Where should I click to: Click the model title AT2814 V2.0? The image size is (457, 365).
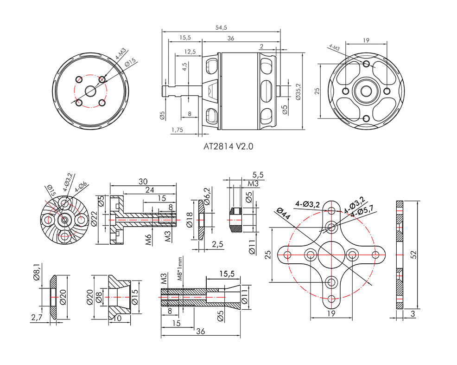click(x=228, y=146)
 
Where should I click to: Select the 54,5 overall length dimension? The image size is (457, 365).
click(x=221, y=27)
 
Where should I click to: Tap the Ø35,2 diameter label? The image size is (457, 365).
click(x=298, y=91)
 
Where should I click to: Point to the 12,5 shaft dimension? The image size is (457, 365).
click(x=190, y=52)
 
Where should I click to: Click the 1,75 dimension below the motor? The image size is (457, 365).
click(x=177, y=130)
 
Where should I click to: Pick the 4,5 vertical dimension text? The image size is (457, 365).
click(x=184, y=67)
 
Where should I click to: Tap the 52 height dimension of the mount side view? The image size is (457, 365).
click(x=414, y=254)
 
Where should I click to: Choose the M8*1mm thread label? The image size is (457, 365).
click(x=180, y=268)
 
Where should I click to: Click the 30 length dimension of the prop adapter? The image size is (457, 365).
click(x=143, y=182)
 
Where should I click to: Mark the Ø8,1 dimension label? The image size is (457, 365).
click(x=37, y=272)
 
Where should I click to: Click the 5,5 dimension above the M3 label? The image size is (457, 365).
click(x=258, y=175)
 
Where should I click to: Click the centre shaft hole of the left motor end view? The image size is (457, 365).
click(x=91, y=91)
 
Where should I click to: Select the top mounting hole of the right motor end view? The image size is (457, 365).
click(x=366, y=64)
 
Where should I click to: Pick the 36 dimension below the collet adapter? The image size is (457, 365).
click(x=201, y=331)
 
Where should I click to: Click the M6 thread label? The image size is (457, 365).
click(x=149, y=240)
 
